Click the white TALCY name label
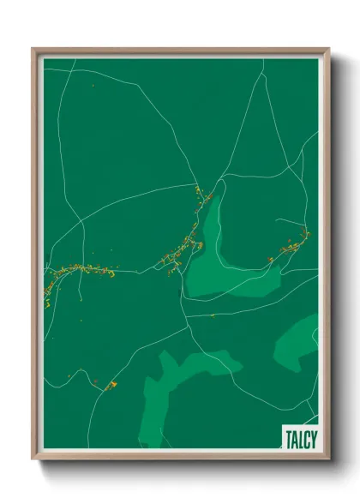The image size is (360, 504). (299, 438)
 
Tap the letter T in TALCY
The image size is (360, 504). (288, 438)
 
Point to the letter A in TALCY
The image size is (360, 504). (294, 438)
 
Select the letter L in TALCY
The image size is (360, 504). (299, 438)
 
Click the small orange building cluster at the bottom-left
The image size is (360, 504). (110, 385)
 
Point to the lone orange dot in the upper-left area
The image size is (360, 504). (92, 86)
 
